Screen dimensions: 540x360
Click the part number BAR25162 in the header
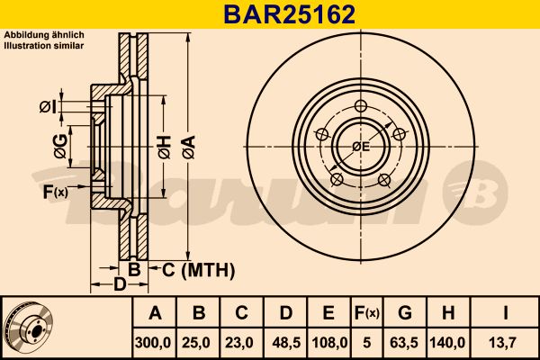(x=289, y=14)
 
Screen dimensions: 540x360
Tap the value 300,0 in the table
(x=153, y=343)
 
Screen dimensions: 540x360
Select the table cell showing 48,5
(x=286, y=343)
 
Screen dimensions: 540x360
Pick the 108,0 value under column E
(x=329, y=343)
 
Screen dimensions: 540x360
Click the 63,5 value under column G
(x=404, y=343)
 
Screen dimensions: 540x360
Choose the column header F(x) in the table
(x=367, y=313)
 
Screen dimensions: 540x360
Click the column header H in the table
(x=447, y=313)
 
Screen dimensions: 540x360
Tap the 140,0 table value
(x=447, y=343)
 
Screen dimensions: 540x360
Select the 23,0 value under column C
(x=239, y=343)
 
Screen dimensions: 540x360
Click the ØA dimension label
(x=189, y=147)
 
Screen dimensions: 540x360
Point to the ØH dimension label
(x=165, y=147)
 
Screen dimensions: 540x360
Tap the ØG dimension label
(x=60, y=147)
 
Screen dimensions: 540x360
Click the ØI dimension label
(x=48, y=107)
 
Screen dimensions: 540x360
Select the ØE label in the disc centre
(x=361, y=147)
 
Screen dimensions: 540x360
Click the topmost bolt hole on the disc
(x=361, y=106)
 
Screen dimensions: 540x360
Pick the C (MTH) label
(x=198, y=270)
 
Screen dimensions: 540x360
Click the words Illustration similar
(x=44, y=46)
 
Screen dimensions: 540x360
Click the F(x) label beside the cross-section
(x=56, y=192)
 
